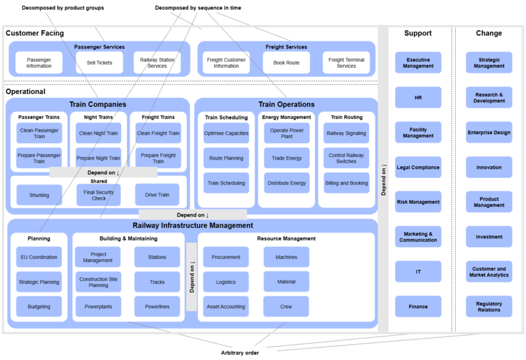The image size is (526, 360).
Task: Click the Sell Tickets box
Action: [x=99, y=62]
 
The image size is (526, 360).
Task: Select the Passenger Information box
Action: [x=39, y=62]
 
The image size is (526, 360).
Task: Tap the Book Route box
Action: [x=286, y=62]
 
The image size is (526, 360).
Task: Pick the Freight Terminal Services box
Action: [x=347, y=62]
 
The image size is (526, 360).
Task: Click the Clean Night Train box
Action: [x=99, y=133]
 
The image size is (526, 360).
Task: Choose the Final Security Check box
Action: [x=99, y=194]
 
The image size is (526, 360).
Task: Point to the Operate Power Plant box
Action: [x=286, y=133]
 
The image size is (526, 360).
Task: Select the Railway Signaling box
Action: [x=347, y=133]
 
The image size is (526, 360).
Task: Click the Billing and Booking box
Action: [x=347, y=183]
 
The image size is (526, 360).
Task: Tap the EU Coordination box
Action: [x=39, y=257]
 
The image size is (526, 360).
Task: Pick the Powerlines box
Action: [x=157, y=306]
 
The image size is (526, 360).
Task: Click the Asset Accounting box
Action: [x=226, y=306]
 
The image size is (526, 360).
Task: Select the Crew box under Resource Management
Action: [x=286, y=306]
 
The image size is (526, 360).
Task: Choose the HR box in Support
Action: [x=418, y=97]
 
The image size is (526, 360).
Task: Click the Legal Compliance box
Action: [x=418, y=167]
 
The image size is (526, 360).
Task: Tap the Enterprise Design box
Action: [x=489, y=132]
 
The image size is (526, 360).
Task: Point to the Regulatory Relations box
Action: [x=489, y=307]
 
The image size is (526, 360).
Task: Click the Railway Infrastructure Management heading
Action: [x=193, y=225]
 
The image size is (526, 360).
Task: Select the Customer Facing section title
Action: [x=35, y=33]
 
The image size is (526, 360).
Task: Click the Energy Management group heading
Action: [x=286, y=118]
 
